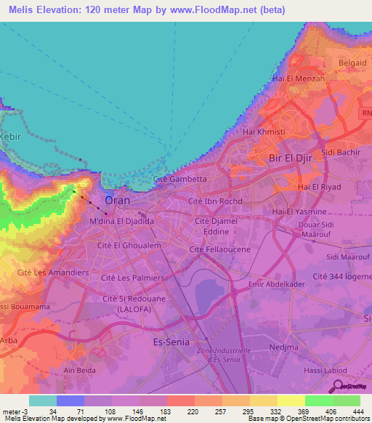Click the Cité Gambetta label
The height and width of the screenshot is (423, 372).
[x=180, y=178]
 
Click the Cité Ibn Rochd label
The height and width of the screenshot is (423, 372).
[x=214, y=201]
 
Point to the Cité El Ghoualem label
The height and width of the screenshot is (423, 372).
[x=129, y=246]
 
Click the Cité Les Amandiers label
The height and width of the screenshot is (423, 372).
[x=52, y=273]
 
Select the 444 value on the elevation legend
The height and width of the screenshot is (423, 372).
[x=357, y=411]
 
